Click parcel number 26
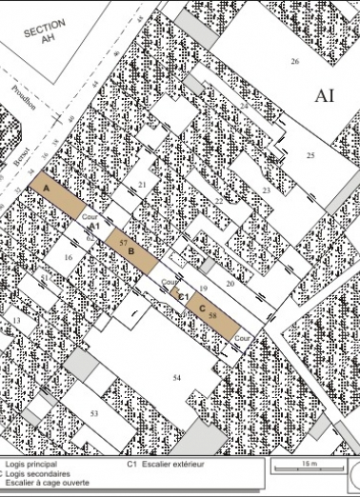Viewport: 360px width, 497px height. coord(294,62)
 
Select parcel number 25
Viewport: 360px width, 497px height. coord(310,154)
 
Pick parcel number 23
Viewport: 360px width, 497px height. coord(266,191)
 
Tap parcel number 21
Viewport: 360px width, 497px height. coord(142,185)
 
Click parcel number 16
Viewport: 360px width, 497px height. coord(68,258)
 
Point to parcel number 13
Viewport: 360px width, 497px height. coord(17,322)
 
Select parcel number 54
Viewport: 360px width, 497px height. coord(176,379)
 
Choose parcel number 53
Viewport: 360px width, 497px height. coord(94,413)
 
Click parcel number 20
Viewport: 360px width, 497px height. coord(230,284)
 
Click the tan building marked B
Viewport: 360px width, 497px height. coord(130,248)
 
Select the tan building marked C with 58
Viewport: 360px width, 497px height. coord(211,311)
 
